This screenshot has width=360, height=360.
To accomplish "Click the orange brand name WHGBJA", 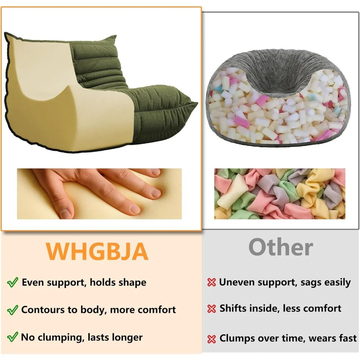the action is click(x=97, y=251).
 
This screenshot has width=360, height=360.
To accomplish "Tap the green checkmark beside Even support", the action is click(x=12, y=282).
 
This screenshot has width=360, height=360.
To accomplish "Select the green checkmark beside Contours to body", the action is click(x=12, y=310).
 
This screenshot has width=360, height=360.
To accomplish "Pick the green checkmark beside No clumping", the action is click(x=12, y=337).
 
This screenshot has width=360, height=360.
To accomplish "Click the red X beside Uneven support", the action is click(x=211, y=282).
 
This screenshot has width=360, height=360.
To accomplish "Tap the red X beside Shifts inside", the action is click(x=211, y=309).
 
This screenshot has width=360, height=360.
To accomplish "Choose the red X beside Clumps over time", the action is click(x=211, y=339).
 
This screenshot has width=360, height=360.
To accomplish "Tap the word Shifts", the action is click(x=233, y=309).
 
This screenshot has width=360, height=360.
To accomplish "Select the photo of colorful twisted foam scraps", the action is click(x=280, y=194).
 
